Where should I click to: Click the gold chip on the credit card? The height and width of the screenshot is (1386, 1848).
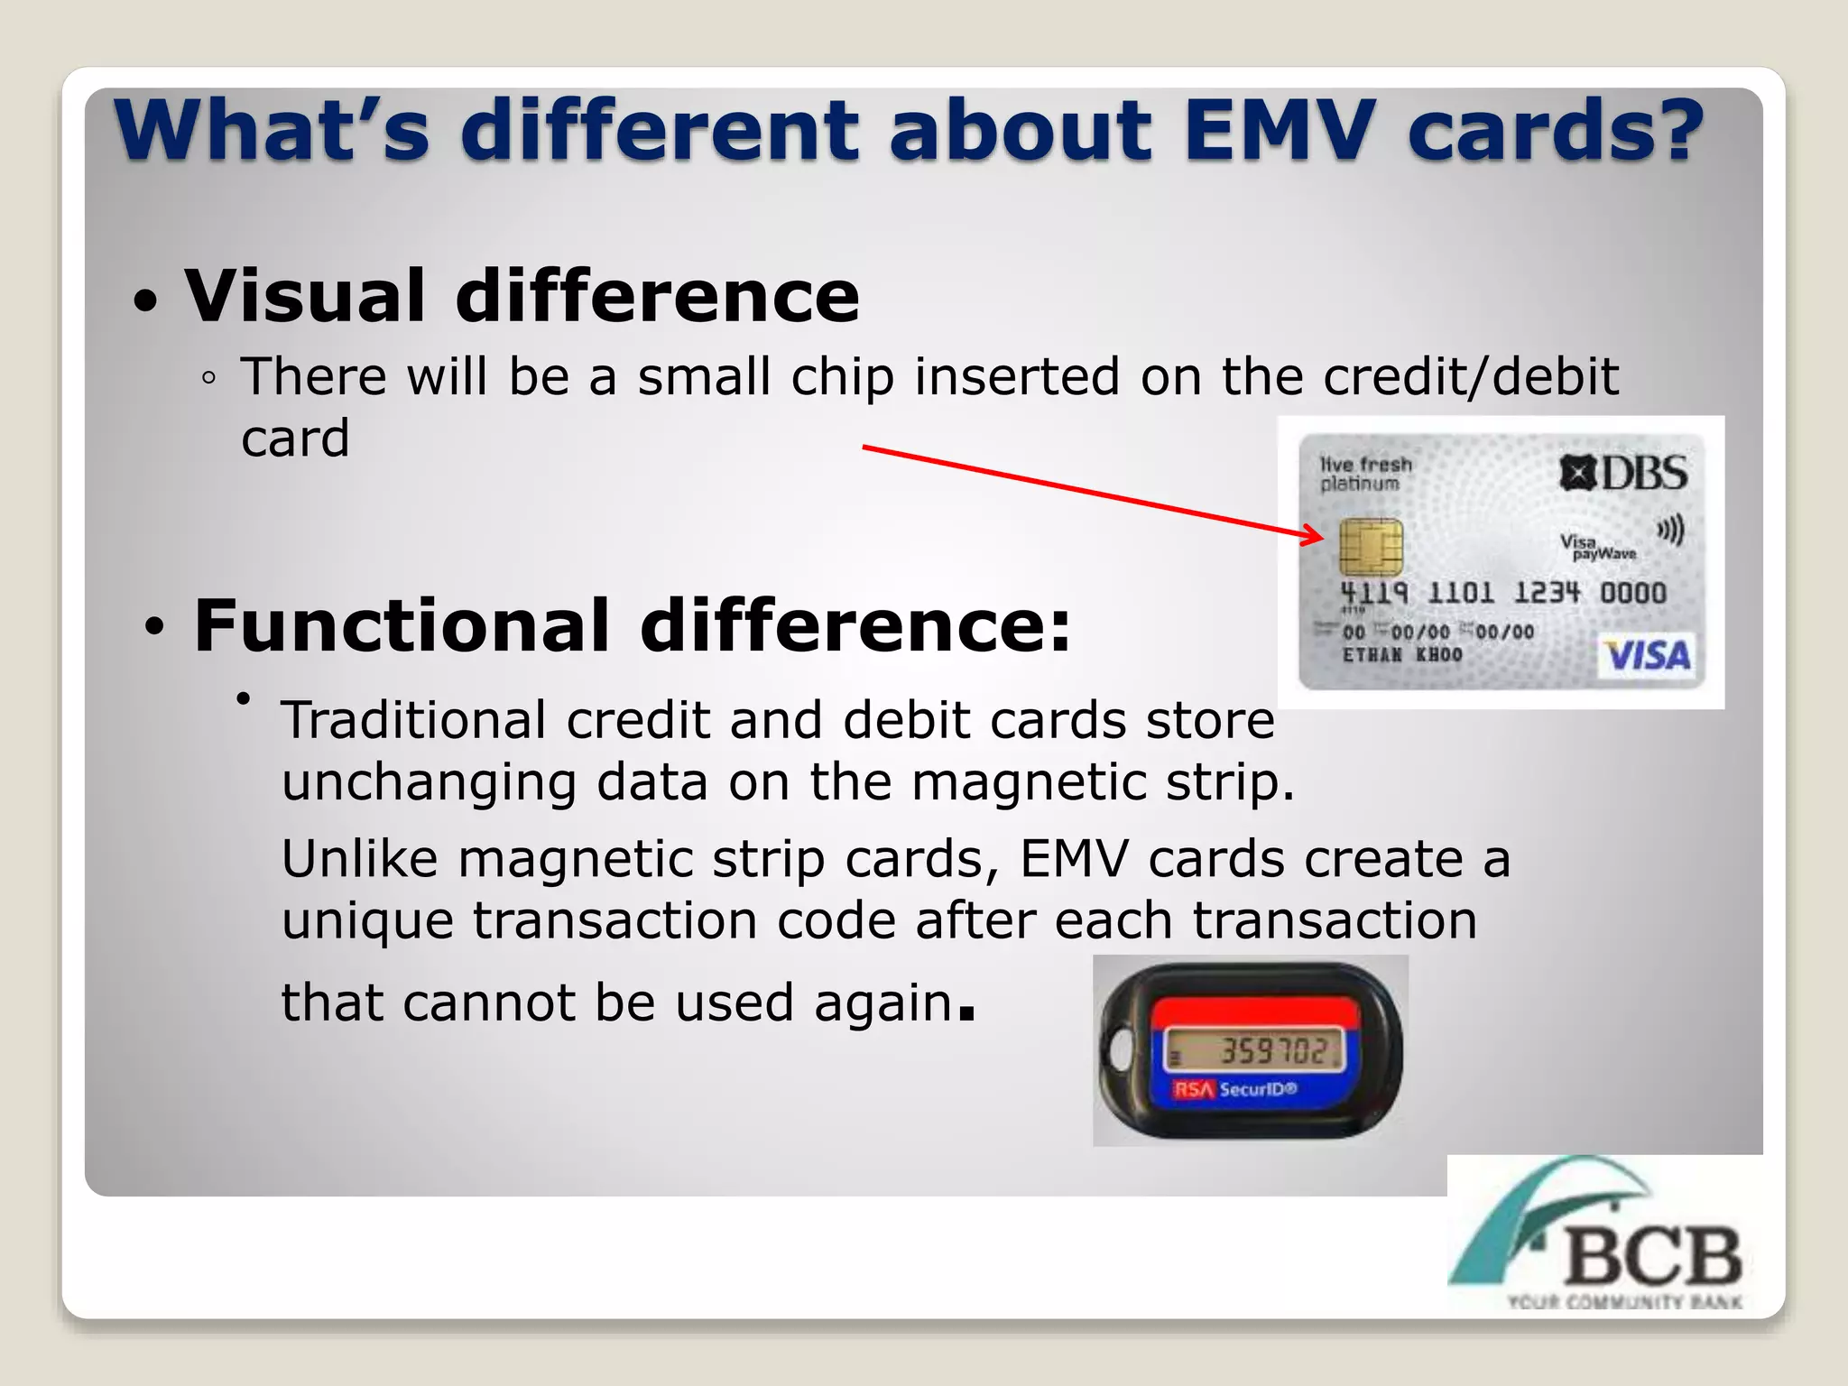tap(1370, 547)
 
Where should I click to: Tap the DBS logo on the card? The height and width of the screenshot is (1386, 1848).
tap(1623, 473)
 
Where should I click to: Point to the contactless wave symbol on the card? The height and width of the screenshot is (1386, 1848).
tap(1671, 530)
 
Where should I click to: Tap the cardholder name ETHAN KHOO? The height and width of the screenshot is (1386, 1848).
tap(1401, 654)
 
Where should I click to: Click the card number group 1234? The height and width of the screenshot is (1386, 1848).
tap(1547, 593)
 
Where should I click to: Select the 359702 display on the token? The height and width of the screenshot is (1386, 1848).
tap(1272, 1051)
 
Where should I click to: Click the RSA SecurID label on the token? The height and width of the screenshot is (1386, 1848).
tap(1235, 1089)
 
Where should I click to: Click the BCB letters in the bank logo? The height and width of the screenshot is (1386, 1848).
tap(1651, 1257)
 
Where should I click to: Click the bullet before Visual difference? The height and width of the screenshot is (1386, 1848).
tap(145, 300)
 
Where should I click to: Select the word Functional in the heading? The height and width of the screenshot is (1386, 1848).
tap(402, 625)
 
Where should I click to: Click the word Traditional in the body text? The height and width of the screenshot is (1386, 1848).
tap(413, 720)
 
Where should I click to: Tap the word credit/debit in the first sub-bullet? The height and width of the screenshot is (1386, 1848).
tap(1470, 376)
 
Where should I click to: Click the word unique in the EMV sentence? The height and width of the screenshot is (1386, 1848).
tap(367, 920)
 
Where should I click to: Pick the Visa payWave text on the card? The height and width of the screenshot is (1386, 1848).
tap(1596, 547)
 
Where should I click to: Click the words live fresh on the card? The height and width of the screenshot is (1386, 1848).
tap(1365, 464)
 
